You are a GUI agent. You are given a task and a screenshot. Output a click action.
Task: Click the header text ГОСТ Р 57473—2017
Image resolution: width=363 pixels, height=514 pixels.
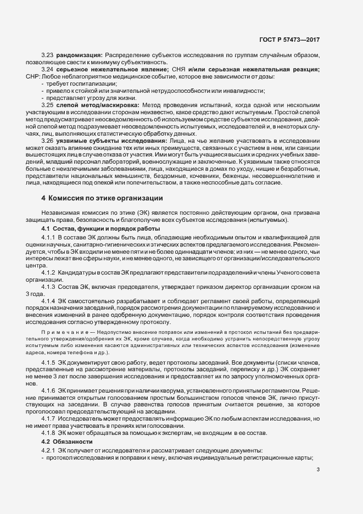pos(296,40)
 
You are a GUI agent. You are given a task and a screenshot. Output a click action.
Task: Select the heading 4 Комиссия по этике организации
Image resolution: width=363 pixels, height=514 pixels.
pos(102,198)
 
